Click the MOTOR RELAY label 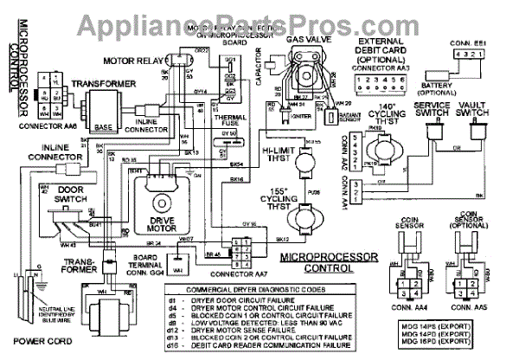(x=129, y=61)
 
